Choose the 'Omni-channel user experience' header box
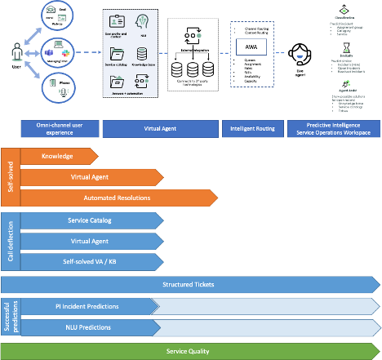(x=59, y=129)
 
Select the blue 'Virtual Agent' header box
(x=160, y=129)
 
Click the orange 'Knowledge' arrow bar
(x=57, y=155)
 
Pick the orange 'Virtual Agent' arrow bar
(x=90, y=176)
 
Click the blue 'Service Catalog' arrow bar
(x=90, y=220)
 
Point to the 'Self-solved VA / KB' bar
(x=90, y=261)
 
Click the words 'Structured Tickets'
(x=188, y=284)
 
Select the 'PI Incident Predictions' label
(x=91, y=306)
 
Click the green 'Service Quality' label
(x=188, y=351)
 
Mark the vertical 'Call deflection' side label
(x=9, y=241)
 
